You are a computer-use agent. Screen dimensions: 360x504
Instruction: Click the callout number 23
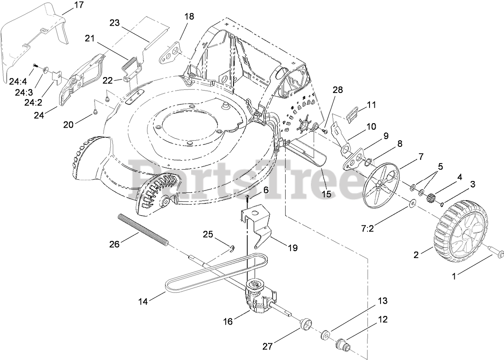115,23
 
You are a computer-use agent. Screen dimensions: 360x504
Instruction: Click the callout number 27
267,347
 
